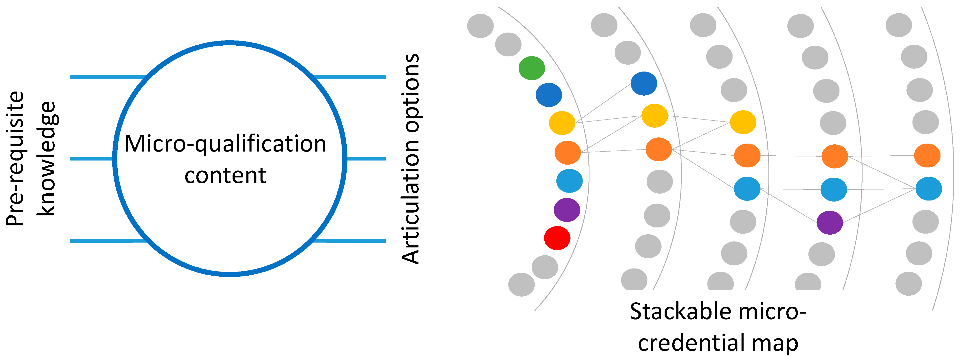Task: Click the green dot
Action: point(532,68)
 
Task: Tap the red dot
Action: point(557,238)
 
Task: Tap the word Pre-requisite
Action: point(15,158)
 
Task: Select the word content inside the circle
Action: point(225,175)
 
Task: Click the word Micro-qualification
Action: point(225,144)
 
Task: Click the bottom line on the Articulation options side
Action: point(349,241)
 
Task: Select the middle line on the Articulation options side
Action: point(366,158)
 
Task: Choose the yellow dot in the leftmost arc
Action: point(562,123)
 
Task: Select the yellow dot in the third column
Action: point(743,122)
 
